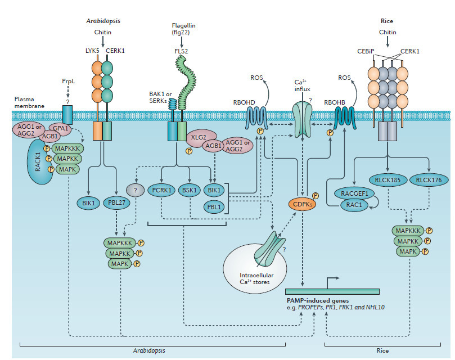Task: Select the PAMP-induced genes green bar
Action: tap(332, 292)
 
